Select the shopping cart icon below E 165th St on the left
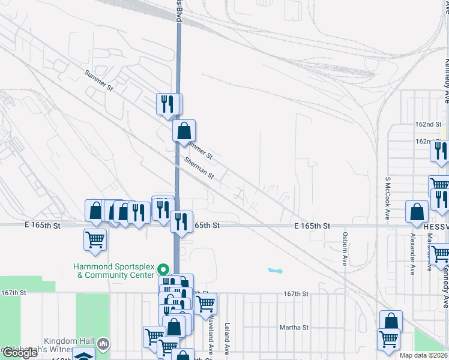pyautogui.click(x=95, y=239)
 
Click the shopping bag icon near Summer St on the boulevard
pyautogui.click(x=184, y=130)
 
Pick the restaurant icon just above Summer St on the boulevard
pyautogui.click(x=169, y=103)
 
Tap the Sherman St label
pyautogui.click(x=199, y=167)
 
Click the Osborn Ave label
pyautogui.click(x=345, y=249)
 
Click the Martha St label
pyautogui.click(x=294, y=328)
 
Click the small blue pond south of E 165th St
pyautogui.click(x=274, y=271)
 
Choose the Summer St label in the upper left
pyautogui.click(x=99, y=80)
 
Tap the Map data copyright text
pyautogui.click(x=424, y=355)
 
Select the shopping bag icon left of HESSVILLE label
pyautogui.click(x=417, y=211)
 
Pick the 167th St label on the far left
pyautogui.click(x=14, y=292)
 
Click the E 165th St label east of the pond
pyautogui.click(x=312, y=226)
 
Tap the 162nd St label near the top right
pyautogui.click(x=428, y=124)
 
